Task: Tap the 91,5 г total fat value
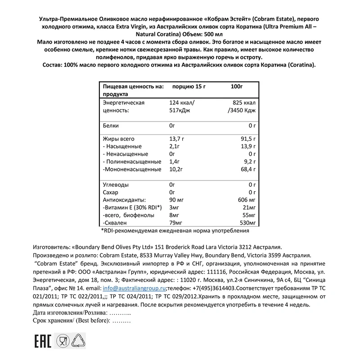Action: pos(247,139)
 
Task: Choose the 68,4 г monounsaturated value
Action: pos(247,169)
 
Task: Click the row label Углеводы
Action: pos(116,184)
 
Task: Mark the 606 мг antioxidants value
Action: pos(247,200)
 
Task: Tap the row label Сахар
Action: pos(111,192)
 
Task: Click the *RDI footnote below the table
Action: pos(175,231)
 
